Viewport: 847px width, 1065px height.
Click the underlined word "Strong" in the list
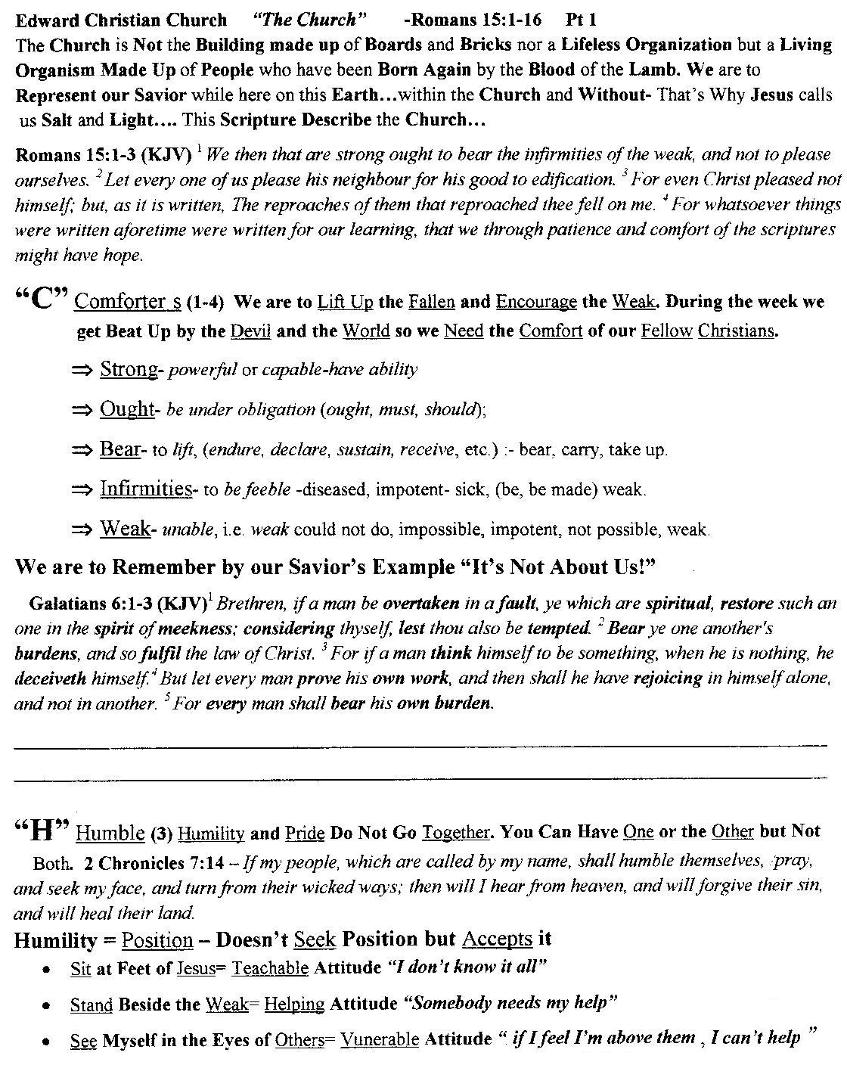(129, 369)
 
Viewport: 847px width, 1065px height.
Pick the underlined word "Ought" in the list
(126, 409)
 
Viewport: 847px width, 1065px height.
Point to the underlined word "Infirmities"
(146, 489)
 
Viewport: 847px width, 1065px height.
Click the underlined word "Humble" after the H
(110, 833)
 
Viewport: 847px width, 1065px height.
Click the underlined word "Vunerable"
(379, 1039)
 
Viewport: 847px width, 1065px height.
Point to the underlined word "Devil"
(250, 331)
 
